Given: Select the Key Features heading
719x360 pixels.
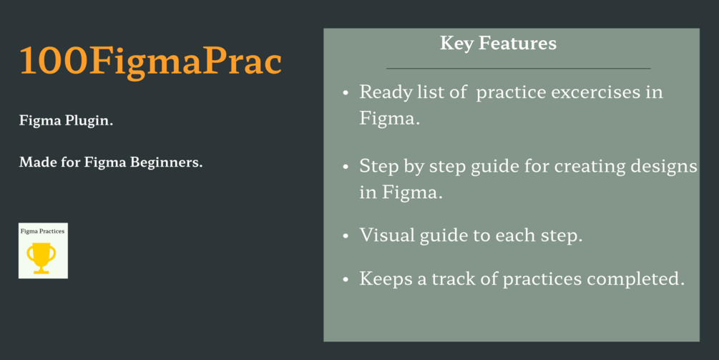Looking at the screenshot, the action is point(499,44).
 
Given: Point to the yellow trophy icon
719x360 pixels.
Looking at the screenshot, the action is point(41,258).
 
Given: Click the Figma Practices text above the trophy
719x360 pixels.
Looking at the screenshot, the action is point(43,231).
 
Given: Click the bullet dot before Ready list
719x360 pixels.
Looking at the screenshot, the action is point(346,93).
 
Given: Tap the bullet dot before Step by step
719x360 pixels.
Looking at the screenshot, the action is point(346,167).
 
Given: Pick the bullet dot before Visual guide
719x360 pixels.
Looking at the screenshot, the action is point(346,236).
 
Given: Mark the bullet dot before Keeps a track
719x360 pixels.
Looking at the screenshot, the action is point(346,279).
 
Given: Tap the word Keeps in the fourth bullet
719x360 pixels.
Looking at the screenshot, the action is point(386,279).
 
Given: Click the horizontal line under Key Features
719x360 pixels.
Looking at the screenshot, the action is point(519,68).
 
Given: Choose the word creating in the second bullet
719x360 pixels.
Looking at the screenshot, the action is point(590,167).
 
